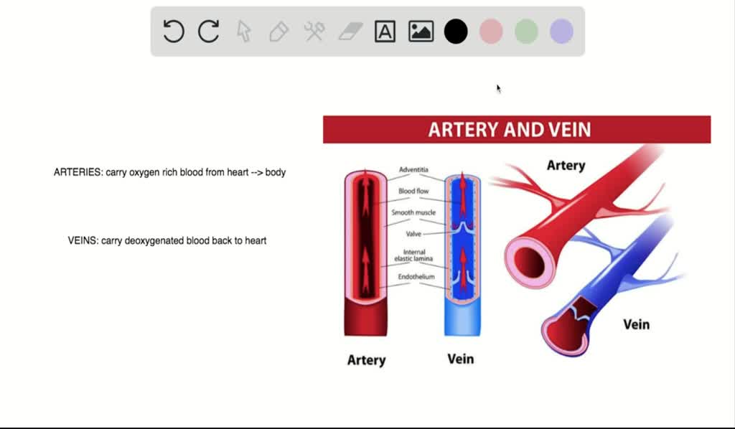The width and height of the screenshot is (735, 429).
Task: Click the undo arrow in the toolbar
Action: (x=174, y=32)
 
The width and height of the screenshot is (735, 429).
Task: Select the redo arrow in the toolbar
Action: (x=209, y=32)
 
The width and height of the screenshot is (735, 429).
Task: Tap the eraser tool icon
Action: (x=350, y=32)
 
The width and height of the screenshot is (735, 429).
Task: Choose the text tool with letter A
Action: (x=385, y=32)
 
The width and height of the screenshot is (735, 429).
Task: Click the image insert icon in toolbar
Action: (x=421, y=32)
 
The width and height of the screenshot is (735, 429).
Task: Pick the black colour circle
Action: (x=456, y=32)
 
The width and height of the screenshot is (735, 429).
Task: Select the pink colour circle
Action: (x=491, y=32)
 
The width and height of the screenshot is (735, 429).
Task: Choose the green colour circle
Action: (x=526, y=32)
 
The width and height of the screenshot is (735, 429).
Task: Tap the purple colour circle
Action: (x=561, y=32)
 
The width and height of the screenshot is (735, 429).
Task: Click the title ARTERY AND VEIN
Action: (x=510, y=130)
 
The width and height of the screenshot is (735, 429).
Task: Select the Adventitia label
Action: (x=414, y=170)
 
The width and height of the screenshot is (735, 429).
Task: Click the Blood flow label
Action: (x=413, y=192)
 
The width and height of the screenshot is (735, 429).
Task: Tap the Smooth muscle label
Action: (x=413, y=213)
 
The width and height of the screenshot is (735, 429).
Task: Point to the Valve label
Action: (x=413, y=234)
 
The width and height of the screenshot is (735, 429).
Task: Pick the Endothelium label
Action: (x=416, y=277)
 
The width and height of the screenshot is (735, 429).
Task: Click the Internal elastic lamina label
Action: (x=414, y=255)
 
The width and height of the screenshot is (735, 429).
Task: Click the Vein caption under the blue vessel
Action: (x=460, y=359)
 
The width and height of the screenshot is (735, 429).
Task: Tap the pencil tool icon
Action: (x=279, y=32)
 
